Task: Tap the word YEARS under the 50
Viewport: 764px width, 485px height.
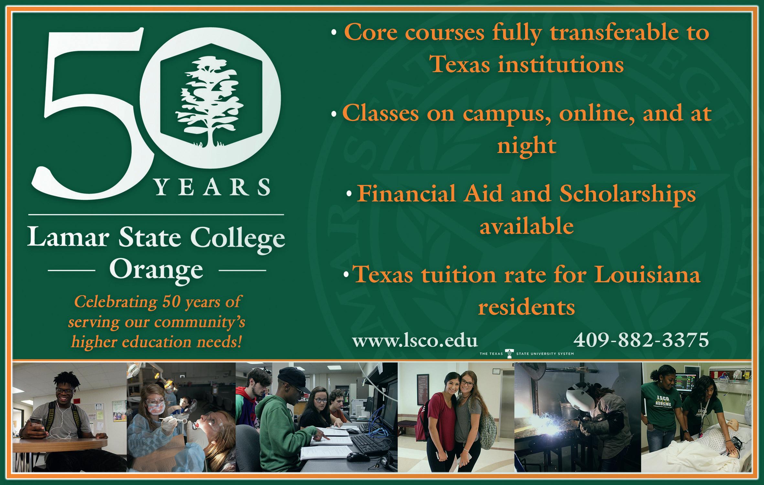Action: coord(212,187)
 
